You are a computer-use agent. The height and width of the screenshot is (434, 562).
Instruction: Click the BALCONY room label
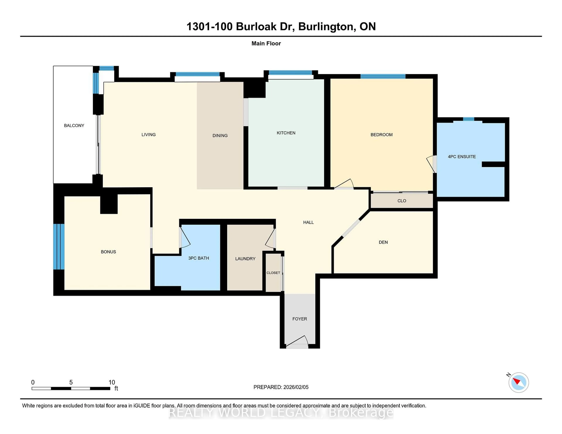[x=74, y=125]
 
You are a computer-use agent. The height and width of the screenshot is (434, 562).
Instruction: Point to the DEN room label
[x=383, y=242]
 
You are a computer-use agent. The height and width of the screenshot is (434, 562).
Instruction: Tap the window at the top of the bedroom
[x=383, y=76]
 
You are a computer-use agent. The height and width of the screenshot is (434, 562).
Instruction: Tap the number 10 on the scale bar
[x=112, y=382]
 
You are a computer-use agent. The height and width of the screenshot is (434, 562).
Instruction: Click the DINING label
[x=220, y=136]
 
